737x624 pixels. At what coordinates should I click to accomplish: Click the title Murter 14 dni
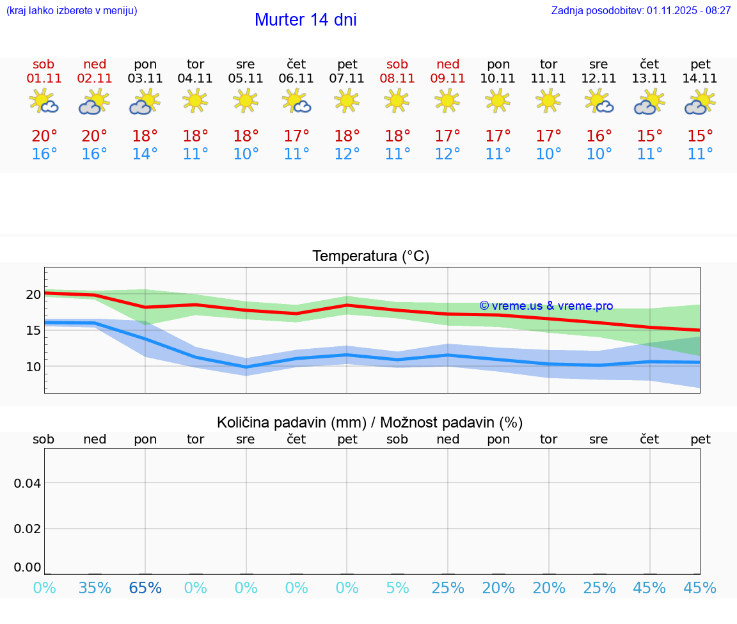coord(305,20)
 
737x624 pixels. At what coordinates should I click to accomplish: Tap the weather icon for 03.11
coord(145,102)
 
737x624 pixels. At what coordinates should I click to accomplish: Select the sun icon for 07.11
coord(347,100)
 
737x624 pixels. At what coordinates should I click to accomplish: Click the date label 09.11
coord(448,79)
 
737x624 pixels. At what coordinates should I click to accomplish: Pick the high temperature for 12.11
coord(599,136)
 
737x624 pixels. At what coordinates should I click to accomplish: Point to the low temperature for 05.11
coord(246,154)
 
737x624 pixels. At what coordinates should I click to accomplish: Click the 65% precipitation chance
coord(145,588)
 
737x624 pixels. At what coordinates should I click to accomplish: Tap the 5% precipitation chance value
coord(397,588)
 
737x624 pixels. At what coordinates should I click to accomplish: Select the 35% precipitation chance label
coord(95,588)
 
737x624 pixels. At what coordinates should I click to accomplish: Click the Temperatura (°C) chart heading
coord(370,257)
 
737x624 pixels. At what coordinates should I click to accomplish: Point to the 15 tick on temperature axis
coord(33,330)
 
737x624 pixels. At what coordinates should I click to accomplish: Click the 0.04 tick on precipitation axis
coord(28,483)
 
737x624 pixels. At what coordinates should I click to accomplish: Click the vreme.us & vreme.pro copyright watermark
coord(546,306)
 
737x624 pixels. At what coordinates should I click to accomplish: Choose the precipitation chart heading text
coord(370,422)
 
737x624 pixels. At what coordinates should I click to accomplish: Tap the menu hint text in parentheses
coord(72,10)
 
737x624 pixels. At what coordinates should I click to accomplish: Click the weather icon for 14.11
coord(700,102)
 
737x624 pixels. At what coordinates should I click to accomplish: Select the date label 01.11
coord(44,79)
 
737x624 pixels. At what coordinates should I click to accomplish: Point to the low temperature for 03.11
coord(145,154)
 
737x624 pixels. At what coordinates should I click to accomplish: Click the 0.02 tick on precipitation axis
coord(28,529)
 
